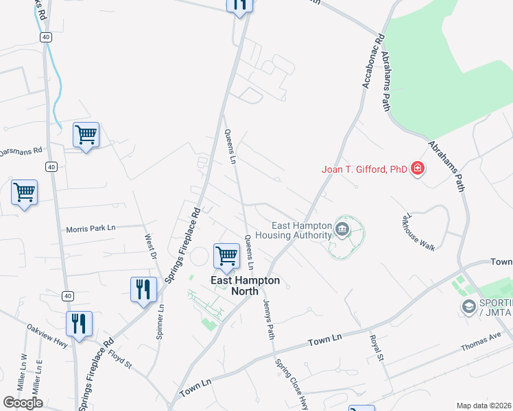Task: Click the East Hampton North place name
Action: [236, 286]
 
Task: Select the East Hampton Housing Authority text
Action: [293, 230]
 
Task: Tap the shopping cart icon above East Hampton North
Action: [226, 256]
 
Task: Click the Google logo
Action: [23, 403]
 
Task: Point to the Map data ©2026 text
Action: [484, 406]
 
